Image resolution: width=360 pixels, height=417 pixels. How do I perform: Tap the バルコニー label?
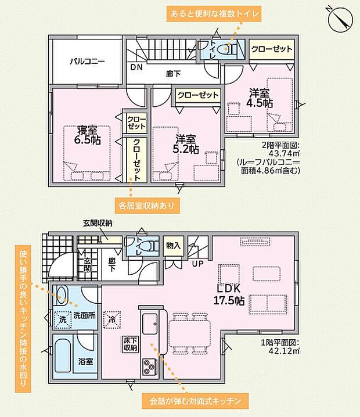(x=88, y=62)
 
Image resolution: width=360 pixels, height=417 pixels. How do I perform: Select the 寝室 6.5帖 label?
(x=87, y=135)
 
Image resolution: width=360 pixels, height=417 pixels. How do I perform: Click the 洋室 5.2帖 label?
(x=186, y=144)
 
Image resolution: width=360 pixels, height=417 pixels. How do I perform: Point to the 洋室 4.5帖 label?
(x=260, y=98)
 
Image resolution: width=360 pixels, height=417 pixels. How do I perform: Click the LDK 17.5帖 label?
(x=229, y=294)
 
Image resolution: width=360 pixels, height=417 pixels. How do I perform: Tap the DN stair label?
(x=136, y=67)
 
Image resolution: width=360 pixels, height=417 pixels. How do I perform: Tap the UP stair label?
(x=198, y=264)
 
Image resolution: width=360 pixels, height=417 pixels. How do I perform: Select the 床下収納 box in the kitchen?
(x=130, y=344)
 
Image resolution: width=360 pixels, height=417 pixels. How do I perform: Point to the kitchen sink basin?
(x=150, y=323)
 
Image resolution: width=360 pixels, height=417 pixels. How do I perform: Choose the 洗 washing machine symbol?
(x=63, y=319)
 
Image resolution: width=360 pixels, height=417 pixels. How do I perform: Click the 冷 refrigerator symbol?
(x=112, y=319)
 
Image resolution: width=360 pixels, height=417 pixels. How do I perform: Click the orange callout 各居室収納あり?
(x=147, y=206)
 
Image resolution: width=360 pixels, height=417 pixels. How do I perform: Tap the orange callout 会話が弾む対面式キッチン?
(x=195, y=401)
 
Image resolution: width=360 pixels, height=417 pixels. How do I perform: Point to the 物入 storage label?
(x=173, y=246)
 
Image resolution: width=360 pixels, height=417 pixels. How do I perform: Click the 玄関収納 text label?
(x=98, y=224)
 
